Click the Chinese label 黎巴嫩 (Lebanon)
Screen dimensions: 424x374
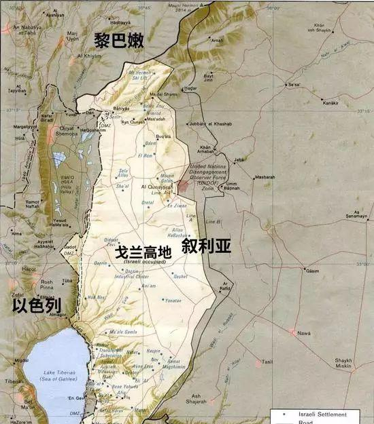pyautogui.click(x=122, y=41)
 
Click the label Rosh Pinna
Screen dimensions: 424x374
pyautogui.click(x=47, y=285)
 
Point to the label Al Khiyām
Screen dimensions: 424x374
pyautogui.click(x=88, y=56)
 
